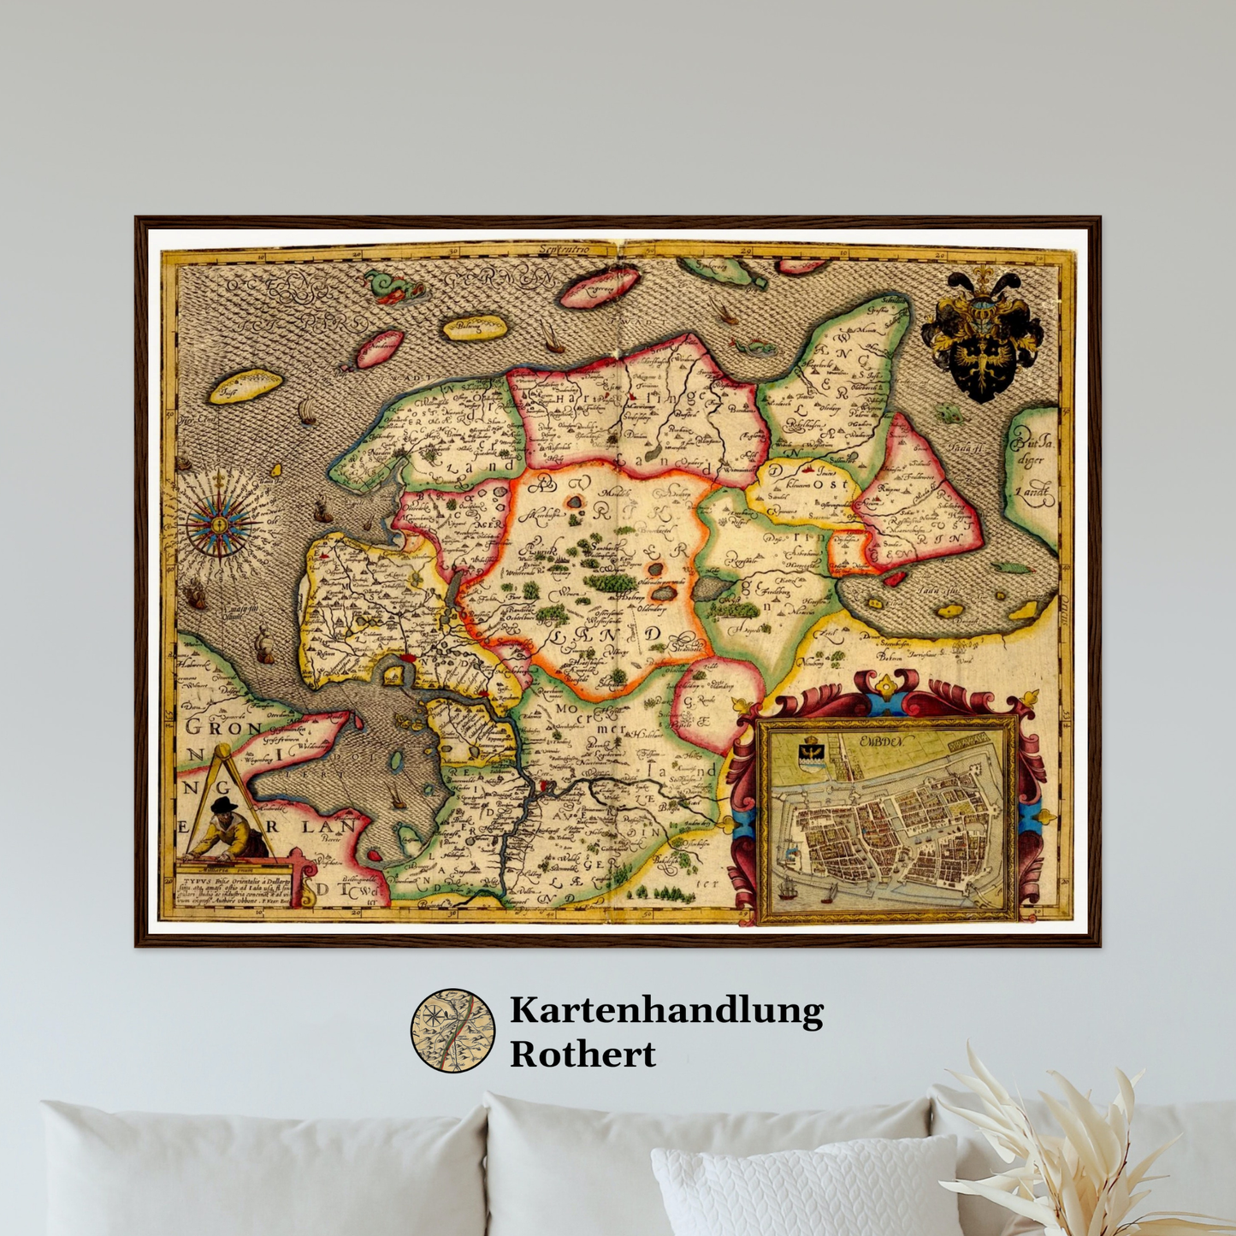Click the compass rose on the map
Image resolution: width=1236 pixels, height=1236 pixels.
[x=219, y=521]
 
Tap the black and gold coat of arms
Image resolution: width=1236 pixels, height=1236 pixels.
[x=982, y=336]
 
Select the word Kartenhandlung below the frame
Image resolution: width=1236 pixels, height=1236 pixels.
[x=666, y=1010]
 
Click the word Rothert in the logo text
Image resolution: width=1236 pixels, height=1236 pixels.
[x=583, y=1055]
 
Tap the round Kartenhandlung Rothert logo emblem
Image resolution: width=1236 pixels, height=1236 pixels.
[x=452, y=1030]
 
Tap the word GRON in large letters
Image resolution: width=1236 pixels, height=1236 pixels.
[x=224, y=728]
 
